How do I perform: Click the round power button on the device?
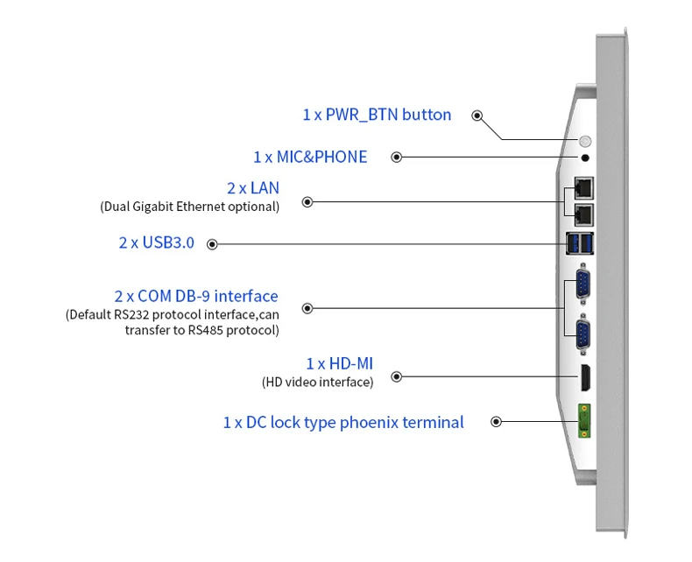[x=586, y=141]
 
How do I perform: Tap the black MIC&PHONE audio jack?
[x=585, y=158]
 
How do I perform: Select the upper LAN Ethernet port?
[x=583, y=186]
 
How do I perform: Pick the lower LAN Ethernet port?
[x=583, y=213]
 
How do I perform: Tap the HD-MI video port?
[x=583, y=377]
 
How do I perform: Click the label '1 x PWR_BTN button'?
[x=377, y=115]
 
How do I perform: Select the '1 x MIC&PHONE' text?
[x=310, y=157]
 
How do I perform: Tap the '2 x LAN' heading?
[x=252, y=188]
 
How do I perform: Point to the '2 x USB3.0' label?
[x=156, y=242]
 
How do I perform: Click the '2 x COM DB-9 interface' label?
[x=195, y=297]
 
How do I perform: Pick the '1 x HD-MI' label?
[x=339, y=363]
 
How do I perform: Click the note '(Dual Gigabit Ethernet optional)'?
[x=189, y=207]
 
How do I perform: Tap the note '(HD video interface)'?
[x=317, y=382]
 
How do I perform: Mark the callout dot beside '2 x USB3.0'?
[x=212, y=244]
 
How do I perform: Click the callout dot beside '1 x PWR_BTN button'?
[x=477, y=116]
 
